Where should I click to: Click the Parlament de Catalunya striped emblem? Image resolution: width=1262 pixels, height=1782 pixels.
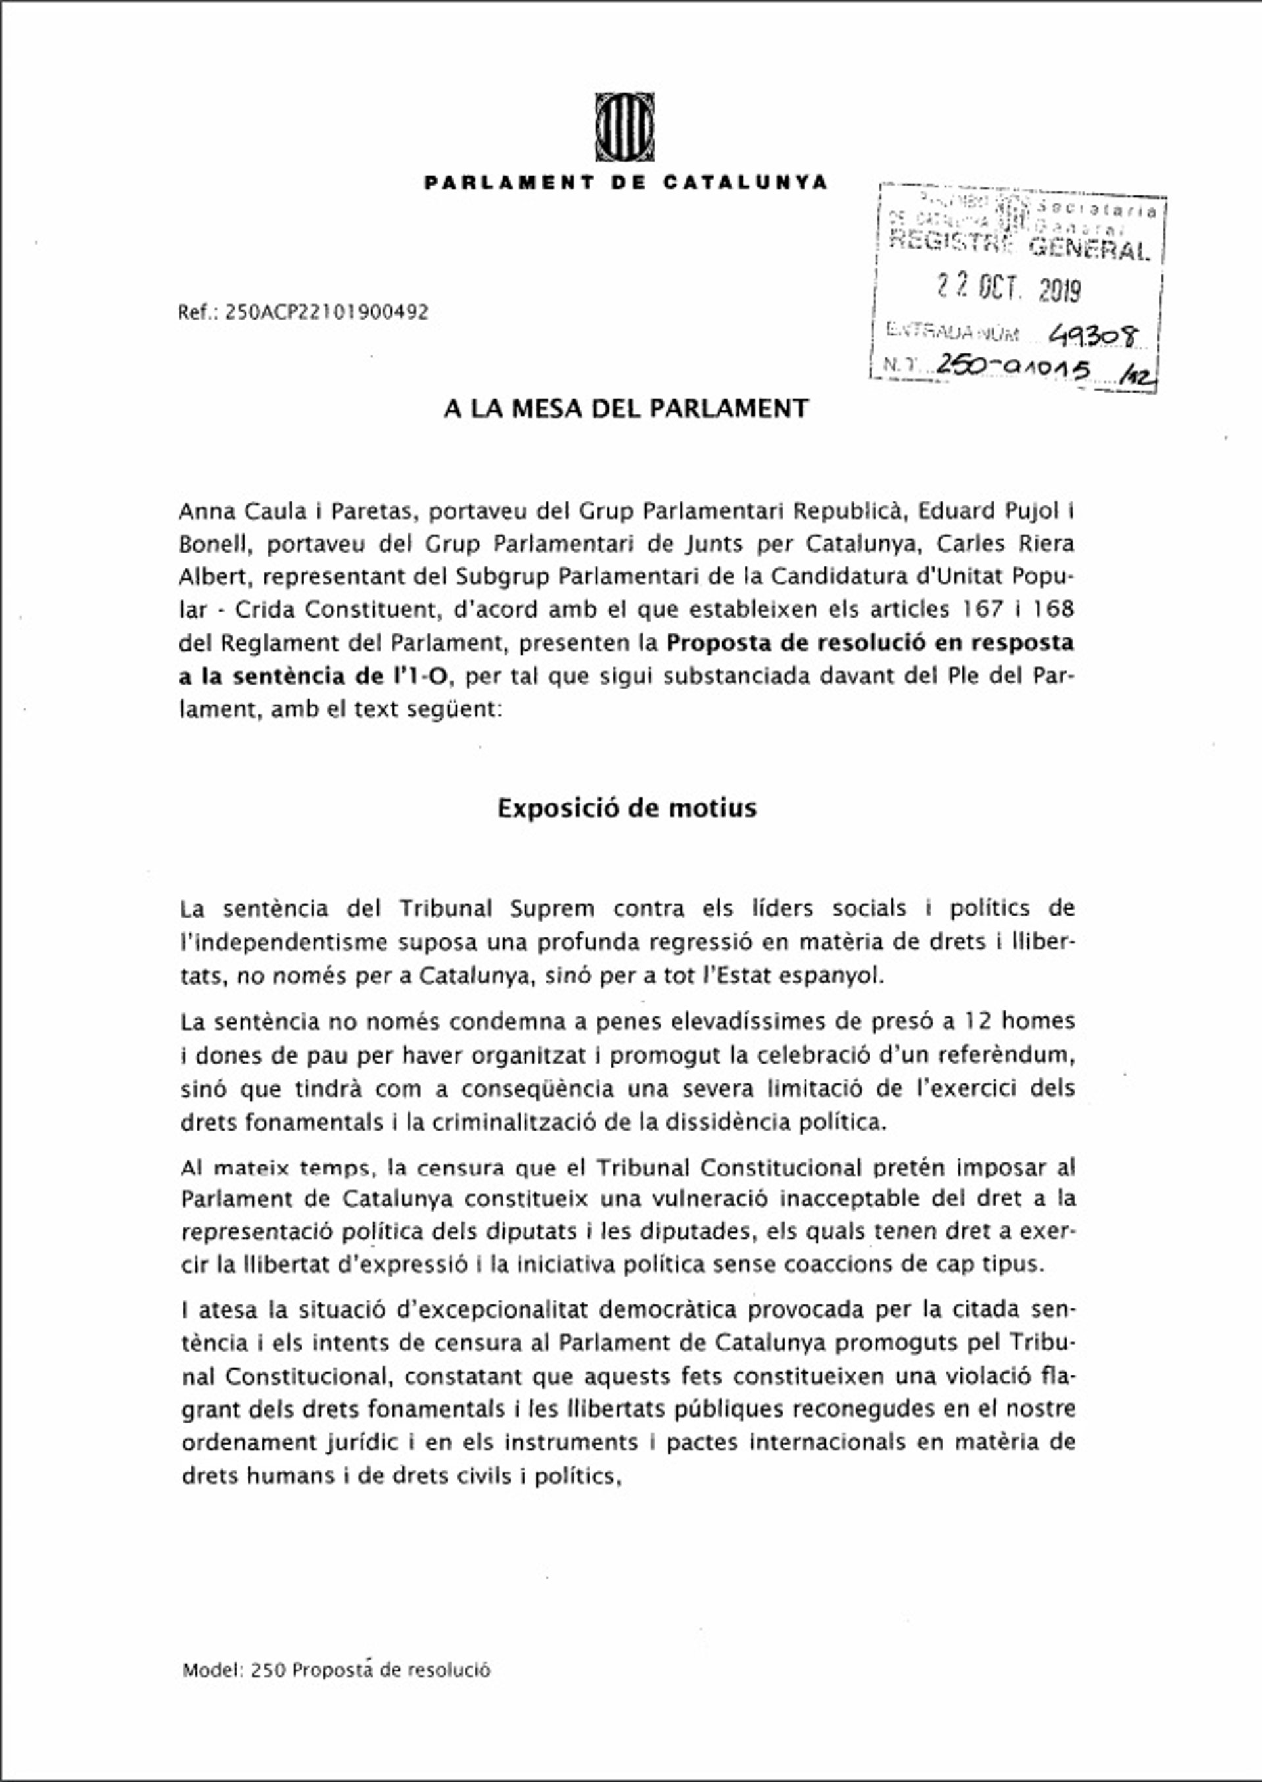pos(624,127)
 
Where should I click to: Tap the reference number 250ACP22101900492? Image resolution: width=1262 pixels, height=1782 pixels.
pos(327,312)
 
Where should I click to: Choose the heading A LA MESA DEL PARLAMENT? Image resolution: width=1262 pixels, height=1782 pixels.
pos(626,408)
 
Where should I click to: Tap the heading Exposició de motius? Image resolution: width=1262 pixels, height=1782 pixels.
pos(626,808)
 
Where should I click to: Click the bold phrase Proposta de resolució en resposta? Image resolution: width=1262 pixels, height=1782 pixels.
pos(870,643)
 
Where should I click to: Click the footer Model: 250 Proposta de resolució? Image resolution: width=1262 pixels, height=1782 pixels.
pos(337,1670)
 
